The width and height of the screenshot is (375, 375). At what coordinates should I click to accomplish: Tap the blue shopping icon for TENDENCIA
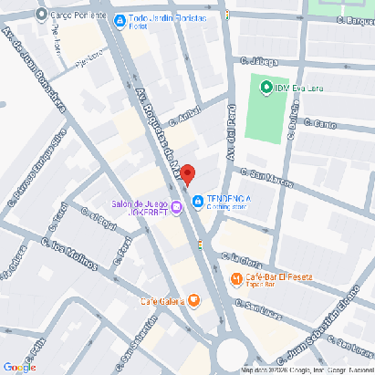click(196, 202)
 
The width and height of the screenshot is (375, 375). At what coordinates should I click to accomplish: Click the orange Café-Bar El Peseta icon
click(235, 278)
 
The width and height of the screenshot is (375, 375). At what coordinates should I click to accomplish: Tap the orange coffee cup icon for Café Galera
click(193, 301)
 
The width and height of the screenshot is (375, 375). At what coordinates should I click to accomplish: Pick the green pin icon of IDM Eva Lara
click(266, 88)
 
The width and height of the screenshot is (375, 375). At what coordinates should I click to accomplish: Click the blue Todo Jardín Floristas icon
click(120, 17)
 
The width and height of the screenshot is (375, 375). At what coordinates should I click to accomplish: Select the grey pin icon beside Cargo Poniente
click(40, 16)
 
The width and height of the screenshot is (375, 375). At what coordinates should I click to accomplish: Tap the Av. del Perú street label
click(232, 128)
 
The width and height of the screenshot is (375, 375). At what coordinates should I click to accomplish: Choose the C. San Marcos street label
click(266, 176)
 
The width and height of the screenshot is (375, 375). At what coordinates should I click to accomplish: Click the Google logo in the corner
click(19, 367)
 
